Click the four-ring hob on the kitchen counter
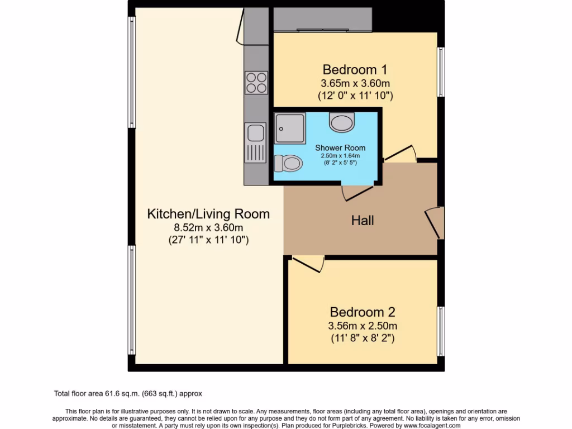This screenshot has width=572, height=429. click(x=256, y=83)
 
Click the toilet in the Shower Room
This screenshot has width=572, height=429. click(x=288, y=164)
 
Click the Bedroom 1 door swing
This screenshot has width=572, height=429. click(x=401, y=154)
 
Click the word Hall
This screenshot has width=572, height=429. click(x=363, y=221)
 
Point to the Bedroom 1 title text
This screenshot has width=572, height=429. click(x=355, y=70)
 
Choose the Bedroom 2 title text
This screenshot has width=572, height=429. click(x=363, y=312)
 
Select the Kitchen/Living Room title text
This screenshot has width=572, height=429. click(x=208, y=214)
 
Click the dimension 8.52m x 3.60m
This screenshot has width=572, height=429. click(x=208, y=227)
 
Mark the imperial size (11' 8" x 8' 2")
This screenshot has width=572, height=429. click(x=363, y=338)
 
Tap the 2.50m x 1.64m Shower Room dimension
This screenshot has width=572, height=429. click(x=337, y=155)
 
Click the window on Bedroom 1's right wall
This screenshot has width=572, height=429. click(x=441, y=71)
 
